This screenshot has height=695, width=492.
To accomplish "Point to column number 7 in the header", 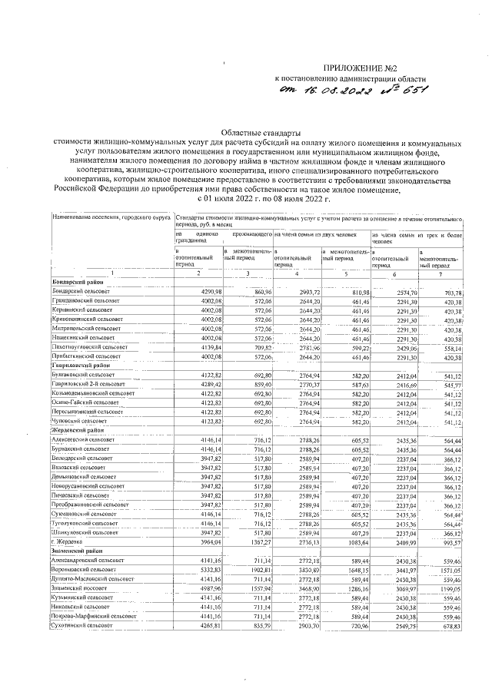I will [440, 274].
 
